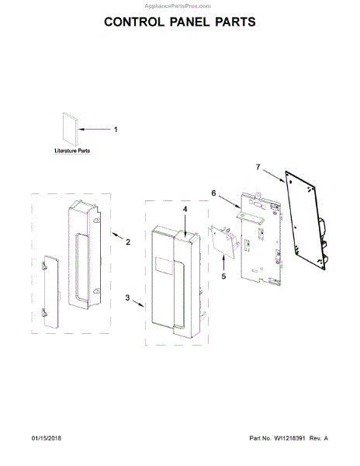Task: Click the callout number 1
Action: pyautogui.click(x=116, y=129)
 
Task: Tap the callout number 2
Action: pyautogui.click(x=128, y=242)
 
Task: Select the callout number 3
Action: pyautogui.click(x=127, y=297)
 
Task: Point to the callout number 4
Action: pyautogui.click(x=185, y=209)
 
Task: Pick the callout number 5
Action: pyautogui.click(x=223, y=276)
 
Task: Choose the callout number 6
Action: pyautogui.click(x=213, y=193)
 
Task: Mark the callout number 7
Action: pyautogui.click(x=258, y=167)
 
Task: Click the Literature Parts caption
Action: pyautogui.click(x=72, y=151)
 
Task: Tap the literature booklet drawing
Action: pyautogui.click(x=71, y=129)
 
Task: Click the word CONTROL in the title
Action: pyautogui.click(x=134, y=22)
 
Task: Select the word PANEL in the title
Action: pyautogui.click(x=189, y=22)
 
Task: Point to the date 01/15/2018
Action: pyautogui.click(x=47, y=438)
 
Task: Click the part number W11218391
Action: pyautogui.click(x=289, y=438)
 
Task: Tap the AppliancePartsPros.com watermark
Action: pyautogui.click(x=178, y=6)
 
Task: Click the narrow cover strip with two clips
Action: pyautogui.click(x=50, y=291)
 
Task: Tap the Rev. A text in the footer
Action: pyautogui.click(x=318, y=438)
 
